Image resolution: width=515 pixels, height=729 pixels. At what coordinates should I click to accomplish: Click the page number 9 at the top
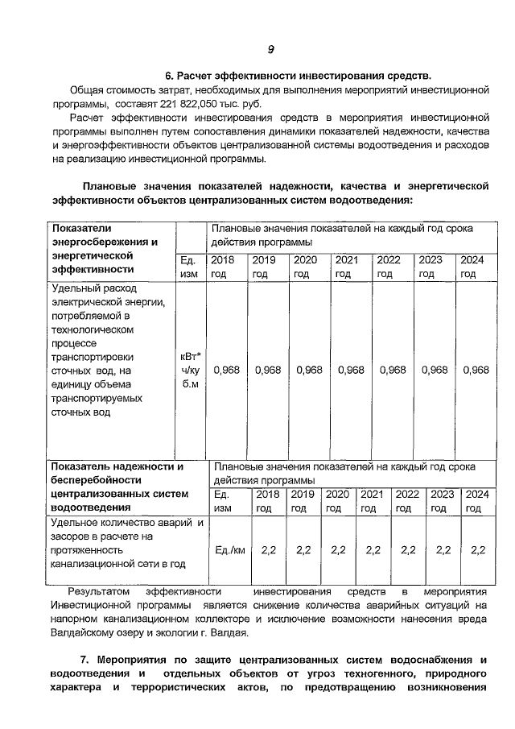pyautogui.click(x=271, y=50)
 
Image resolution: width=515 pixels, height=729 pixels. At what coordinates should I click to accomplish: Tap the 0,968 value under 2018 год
pyautogui.click(x=225, y=370)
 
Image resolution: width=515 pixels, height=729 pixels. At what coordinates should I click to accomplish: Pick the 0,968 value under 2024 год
pyautogui.click(x=476, y=370)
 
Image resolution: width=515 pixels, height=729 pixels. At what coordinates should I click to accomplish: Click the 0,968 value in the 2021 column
pyautogui.click(x=351, y=370)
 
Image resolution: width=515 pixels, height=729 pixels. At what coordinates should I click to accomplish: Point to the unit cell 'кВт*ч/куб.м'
pyautogui.click(x=191, y=370)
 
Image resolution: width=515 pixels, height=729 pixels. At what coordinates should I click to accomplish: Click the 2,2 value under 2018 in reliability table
pyautogui.click(x=269, y=550)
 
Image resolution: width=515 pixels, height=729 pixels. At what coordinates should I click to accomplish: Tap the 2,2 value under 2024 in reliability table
pyautogui.click(x=478, y=550)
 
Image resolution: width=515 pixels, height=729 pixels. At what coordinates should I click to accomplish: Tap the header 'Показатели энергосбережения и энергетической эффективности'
pyautogui.click(x=105, y=248)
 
